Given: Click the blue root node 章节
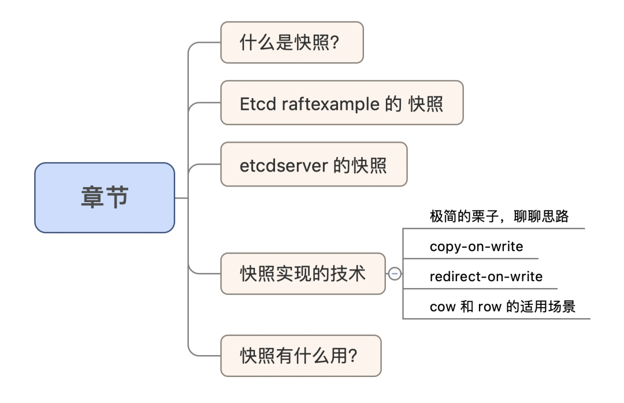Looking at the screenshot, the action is pos(105,197).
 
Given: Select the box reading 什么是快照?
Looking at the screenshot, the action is pos(292,42).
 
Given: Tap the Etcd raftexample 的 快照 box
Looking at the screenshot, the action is pos(342,103).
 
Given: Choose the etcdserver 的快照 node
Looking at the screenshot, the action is pos(314,165).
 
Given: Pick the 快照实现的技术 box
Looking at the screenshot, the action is pos(303,274).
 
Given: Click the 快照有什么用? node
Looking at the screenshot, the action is pos(301,356).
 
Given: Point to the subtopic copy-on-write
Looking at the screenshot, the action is pos(476,247).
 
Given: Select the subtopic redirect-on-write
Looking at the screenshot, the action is pos(486,277).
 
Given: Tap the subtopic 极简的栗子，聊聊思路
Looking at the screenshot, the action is pos(499,216).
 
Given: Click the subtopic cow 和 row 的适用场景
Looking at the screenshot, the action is pos(503,307).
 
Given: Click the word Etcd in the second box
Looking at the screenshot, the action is pos(258,104).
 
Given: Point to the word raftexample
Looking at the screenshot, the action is pos(330,105).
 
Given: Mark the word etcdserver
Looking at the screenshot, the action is pos(284,166).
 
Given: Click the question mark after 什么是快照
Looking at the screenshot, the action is pos(335,42).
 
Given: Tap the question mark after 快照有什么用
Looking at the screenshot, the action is pos(352,356).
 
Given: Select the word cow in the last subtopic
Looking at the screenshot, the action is pos(443,307).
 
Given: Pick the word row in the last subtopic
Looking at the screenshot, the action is pos(489,307).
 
